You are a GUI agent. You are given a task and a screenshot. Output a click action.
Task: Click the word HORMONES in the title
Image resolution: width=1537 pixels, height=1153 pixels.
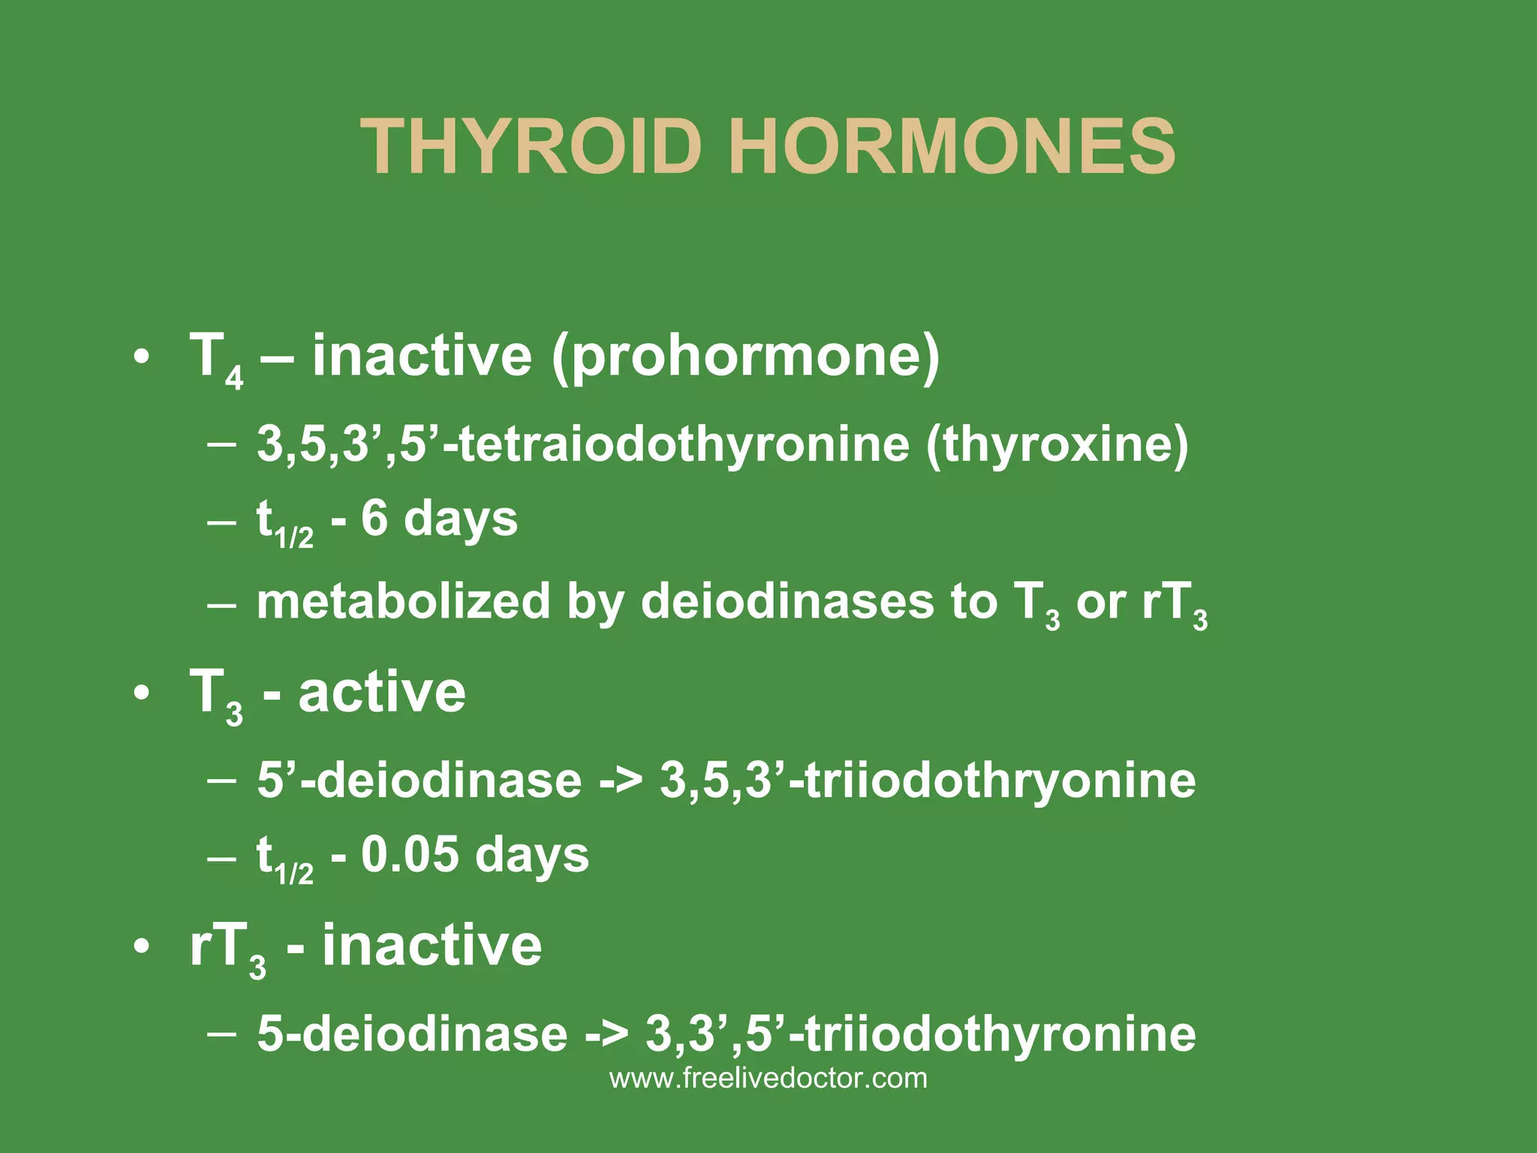(952, 147)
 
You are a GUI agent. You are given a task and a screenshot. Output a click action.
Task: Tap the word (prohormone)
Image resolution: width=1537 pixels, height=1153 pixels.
(745, 356)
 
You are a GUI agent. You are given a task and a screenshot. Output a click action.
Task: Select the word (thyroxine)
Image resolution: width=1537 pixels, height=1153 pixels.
(1057, 444)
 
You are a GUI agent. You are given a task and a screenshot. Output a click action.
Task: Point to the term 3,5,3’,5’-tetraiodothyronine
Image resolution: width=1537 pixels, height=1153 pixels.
(583, 444)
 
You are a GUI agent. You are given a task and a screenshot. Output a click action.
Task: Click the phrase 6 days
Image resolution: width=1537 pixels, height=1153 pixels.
(439, 519)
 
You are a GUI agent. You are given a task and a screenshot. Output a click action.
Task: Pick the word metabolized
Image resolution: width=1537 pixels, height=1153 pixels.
(404, 601)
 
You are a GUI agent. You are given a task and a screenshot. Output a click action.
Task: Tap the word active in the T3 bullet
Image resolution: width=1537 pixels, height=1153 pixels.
(382, 692)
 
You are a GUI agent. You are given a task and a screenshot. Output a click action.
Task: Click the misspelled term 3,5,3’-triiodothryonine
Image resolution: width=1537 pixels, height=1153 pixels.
(928, 780)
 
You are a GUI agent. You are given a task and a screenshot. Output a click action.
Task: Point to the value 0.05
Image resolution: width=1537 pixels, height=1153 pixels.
(410, 854)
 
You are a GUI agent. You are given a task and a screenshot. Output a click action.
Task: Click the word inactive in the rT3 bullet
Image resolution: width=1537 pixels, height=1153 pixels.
(432, 945)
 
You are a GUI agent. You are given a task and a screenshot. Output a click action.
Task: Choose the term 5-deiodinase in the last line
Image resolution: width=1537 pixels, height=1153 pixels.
(412, 1034)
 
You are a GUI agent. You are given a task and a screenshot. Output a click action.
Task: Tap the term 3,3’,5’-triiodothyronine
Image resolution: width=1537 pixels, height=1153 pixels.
(920, 1034)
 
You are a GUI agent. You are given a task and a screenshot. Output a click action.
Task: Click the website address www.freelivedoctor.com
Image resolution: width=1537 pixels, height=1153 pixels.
(768, 1079)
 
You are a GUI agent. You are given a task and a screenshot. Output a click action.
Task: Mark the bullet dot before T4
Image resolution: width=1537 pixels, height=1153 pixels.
(140, 357)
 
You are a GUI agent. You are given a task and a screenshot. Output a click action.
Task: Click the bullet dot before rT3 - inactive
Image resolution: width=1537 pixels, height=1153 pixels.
(140, 948)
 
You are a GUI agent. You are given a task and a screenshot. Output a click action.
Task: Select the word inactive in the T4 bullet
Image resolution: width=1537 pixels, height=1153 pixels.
(423, 356)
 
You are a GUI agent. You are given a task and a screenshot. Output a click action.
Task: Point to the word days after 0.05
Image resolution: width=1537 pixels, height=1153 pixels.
(532, 856)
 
